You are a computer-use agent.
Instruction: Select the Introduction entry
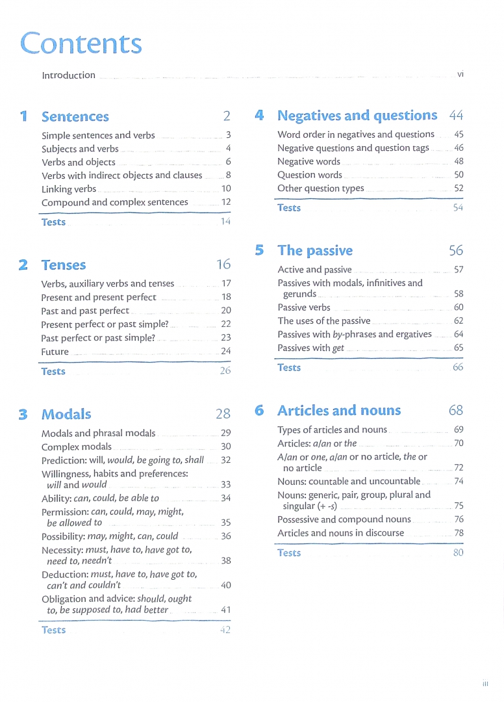tap(68, 75)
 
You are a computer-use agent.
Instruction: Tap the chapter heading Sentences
tap(75, 117)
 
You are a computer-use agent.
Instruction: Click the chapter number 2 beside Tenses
tap(23, 265)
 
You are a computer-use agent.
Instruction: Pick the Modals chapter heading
tap(66, 414)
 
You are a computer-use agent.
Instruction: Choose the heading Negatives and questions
tap(357, 116)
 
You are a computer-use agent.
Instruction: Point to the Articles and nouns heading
tap(338, 411)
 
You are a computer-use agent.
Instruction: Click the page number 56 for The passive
tap(455, 251)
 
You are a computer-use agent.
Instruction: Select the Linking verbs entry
tap(69, 189)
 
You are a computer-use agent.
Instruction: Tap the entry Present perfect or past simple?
tap(105, 324)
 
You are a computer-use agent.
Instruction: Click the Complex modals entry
tap(76, 447)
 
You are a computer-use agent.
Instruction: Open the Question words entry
tap(309, 175)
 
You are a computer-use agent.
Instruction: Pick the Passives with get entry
tap(310, 348)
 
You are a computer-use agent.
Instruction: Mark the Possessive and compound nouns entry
tap(344, 519)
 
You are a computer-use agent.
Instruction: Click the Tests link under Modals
tap(53, 630)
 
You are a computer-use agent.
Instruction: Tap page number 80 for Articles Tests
tap(458, 553)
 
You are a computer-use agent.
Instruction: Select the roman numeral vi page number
tap(460, 75)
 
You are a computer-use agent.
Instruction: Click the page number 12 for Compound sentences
tap(226, 202)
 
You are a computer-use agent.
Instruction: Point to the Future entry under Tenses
tap(55, 352)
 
